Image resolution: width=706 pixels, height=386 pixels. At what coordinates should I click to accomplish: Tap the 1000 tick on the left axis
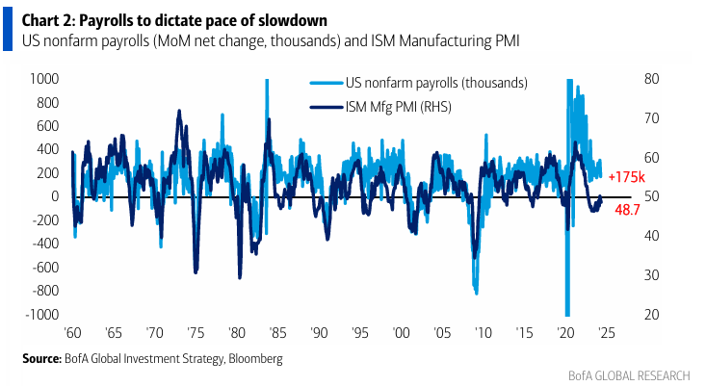click(x=44, y=78)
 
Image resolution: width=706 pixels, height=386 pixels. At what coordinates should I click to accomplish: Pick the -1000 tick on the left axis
click(x=41, y=315)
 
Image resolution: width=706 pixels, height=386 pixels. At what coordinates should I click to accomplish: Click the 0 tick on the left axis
click(x=55, y=196)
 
